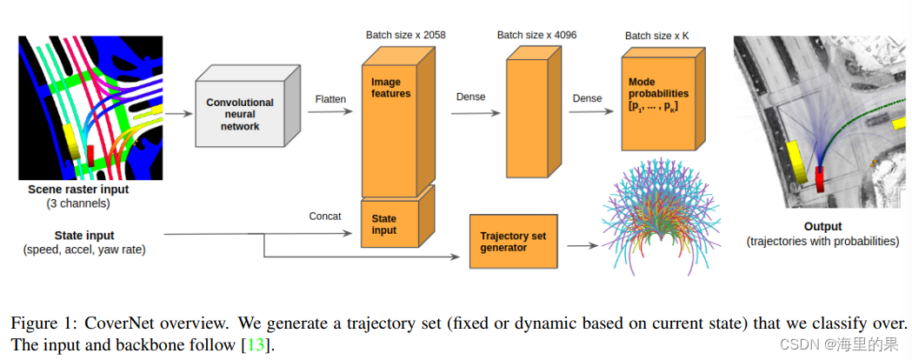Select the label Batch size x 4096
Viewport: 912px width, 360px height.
(536, 35)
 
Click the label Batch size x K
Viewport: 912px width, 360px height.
(660, 36)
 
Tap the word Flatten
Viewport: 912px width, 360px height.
(330, 99)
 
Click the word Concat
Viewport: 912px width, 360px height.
(325, 216)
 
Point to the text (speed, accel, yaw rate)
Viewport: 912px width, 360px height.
(84, 250)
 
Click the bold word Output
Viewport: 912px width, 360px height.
(822, 227)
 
